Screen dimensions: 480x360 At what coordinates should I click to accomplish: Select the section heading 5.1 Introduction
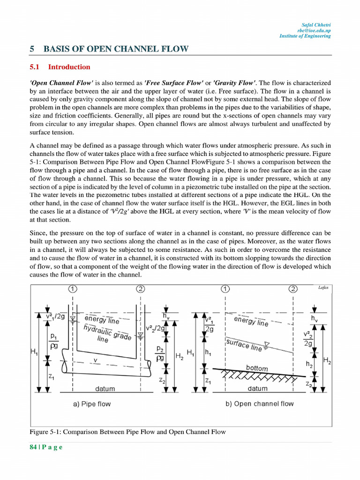60,67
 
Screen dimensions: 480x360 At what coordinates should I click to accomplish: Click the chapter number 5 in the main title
32,49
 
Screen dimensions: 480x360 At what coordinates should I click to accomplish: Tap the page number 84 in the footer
33,447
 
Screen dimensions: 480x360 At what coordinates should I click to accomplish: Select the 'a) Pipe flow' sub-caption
92,404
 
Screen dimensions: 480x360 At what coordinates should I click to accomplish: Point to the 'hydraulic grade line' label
107,333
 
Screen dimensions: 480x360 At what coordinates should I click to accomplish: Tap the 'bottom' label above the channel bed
257,368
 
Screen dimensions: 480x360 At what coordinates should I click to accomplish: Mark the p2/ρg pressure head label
159,353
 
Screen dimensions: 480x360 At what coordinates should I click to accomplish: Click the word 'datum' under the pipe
105,389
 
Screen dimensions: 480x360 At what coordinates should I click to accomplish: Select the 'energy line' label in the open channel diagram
251,321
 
